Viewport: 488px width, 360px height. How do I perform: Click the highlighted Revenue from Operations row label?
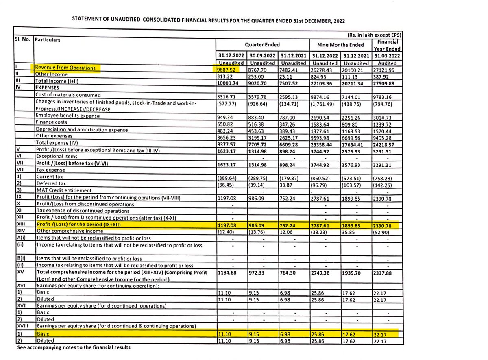pos(65,68)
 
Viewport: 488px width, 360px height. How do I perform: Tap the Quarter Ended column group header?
pos(262,45)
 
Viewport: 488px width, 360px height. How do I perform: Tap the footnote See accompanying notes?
pos(74,348)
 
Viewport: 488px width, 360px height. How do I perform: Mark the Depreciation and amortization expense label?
pos(81,130)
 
